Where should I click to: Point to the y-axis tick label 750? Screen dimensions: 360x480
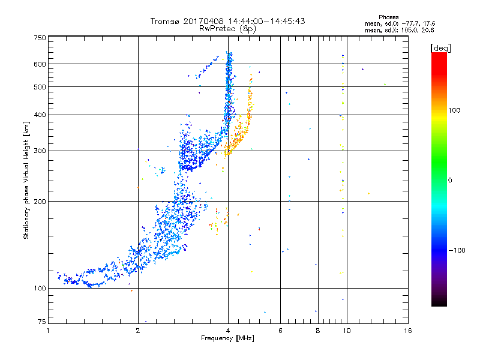[40, 38]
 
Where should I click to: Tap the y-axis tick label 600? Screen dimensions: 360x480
[40, 64]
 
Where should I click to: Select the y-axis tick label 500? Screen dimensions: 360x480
[40, 87]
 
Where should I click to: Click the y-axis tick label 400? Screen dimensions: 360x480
[40, 115]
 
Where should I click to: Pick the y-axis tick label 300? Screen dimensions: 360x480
[40, 151]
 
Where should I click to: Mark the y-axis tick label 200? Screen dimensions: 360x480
[40, 202]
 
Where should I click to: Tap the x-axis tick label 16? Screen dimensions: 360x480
[407, 331]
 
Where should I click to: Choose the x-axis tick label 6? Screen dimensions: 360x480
[280, 331]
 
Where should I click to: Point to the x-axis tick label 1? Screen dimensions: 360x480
[49, 331]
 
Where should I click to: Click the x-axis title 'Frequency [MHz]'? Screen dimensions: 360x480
[227, 339]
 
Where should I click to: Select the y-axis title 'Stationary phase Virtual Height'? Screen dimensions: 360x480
[26, 180]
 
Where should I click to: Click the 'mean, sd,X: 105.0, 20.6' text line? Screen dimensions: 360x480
[399, 29]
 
